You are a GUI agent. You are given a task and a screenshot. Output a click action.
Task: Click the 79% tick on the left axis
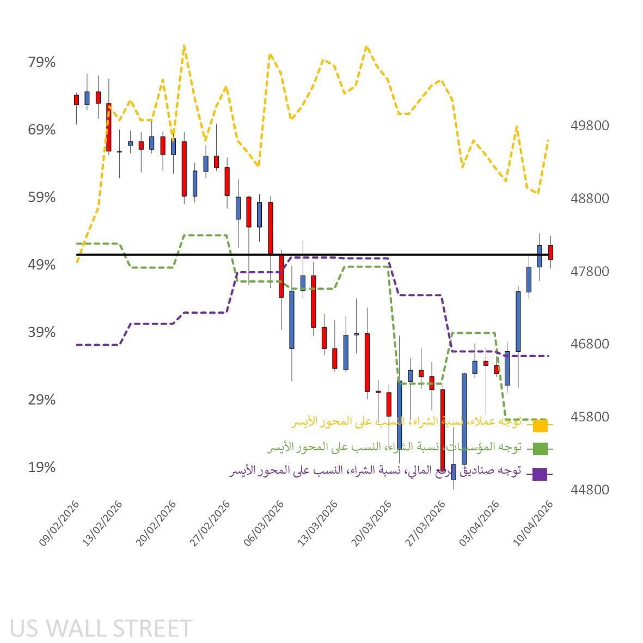[42, 63]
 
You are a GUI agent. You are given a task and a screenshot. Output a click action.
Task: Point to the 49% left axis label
[42, 265]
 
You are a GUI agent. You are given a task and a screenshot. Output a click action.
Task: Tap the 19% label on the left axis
[42, 468]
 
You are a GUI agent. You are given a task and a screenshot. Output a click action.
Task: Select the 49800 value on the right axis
[590, 126]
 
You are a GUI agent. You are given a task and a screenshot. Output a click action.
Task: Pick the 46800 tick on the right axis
[590, 344]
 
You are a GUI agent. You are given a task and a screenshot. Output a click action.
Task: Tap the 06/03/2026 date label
[265, 523]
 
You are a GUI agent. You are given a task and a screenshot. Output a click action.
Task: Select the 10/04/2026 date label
[534, 523]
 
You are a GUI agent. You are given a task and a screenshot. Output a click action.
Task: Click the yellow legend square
[540, 425]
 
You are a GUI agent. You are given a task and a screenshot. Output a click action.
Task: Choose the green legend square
[540, 449]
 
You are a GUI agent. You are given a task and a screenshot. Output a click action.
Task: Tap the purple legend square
[540, 474]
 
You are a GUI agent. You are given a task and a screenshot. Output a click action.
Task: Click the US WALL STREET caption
[101, 628]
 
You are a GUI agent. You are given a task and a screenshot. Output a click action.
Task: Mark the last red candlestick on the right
[550, 252]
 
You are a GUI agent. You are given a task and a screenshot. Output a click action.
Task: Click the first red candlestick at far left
[76, 100]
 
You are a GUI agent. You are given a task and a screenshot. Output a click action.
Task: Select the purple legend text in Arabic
[376, 470]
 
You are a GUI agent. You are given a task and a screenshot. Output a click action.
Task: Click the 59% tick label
[42, 198]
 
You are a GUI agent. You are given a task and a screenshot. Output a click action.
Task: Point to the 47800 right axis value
[590, 271]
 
